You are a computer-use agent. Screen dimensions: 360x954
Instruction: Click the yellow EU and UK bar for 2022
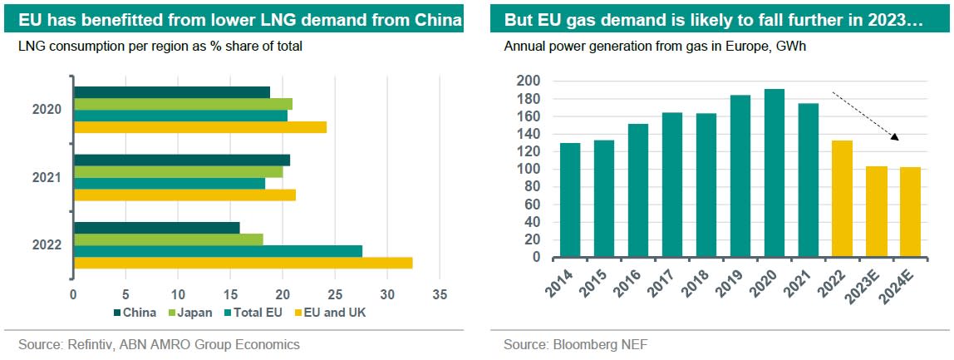[x=243, y=263]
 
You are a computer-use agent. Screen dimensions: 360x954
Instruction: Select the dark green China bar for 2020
[x=172, y=92]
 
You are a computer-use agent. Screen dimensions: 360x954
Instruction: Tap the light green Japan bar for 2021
[x=178, y=172]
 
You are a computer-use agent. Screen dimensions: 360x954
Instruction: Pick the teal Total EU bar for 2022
[x=218, y=251]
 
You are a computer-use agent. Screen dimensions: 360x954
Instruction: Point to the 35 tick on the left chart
[x=440, y=294]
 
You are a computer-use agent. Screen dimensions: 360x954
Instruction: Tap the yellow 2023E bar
[x=876, y=212]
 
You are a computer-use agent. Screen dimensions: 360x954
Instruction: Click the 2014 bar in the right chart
[x=570, y=200]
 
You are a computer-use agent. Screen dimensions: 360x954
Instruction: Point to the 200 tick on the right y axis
[x=529, y=81]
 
